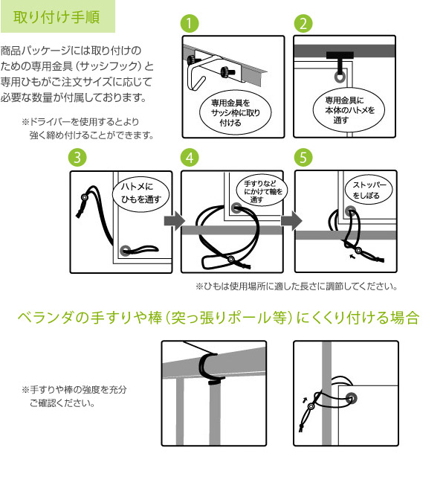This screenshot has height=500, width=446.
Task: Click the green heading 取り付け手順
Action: (56, 17)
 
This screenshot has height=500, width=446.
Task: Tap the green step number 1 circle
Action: (190, 23)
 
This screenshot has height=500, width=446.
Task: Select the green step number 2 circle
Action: (303, 23)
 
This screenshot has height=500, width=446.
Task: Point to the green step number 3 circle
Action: (77, 157)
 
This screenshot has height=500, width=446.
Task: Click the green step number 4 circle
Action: (190, 157)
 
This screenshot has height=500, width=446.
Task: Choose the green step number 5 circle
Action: (303, 157)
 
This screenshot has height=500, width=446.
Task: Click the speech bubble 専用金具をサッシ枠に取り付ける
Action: (236, 112)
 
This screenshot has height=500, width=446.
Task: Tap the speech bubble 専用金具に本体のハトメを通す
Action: (349, 110)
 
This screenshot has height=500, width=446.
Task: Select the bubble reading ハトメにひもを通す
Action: (141, 193)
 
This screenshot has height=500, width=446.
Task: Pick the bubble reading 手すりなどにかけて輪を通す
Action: (262, 191)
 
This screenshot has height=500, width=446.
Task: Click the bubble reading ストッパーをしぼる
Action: (369, 190)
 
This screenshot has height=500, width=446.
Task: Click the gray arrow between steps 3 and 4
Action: (175, 221)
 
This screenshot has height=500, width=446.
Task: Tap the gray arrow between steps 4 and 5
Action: (291, 220)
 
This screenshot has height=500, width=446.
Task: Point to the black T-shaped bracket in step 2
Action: (340, 59)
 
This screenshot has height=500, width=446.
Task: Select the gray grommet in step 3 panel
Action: (125, 250)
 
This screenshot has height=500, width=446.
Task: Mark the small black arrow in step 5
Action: (352, 256)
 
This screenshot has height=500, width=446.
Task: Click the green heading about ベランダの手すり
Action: (219, 318)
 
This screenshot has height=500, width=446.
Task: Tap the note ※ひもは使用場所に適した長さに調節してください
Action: (297, 286)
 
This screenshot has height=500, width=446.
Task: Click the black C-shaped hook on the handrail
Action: (211, 368)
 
